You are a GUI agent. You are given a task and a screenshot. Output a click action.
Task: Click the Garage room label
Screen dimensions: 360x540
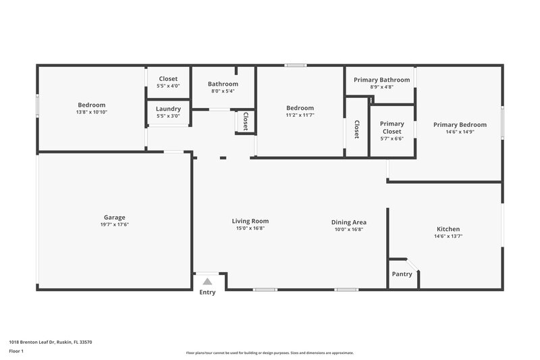click(114, 217)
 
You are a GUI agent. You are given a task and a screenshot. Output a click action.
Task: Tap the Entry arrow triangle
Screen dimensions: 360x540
click(207, 281)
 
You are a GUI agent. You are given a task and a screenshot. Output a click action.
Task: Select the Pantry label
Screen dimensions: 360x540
click(402, 274)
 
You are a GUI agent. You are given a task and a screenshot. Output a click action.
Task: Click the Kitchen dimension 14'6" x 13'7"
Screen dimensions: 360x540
click(448, 236)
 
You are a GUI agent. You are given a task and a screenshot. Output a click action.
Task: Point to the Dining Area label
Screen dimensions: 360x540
click(348, 222)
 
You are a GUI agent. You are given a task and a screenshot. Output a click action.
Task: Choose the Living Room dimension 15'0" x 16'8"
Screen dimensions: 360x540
click(250, 229)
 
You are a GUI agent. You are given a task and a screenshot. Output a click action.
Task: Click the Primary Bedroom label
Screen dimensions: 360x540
click(459, 124)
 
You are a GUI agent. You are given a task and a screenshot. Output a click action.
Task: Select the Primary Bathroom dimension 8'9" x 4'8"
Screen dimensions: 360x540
click(381, 87)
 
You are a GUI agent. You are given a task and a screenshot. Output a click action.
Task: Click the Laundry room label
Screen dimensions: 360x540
click(168, 109)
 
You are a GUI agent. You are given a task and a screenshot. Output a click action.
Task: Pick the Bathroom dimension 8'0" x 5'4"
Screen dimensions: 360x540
click(223, 91)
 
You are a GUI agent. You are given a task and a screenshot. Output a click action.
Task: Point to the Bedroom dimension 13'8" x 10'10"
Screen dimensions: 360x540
click(91, 112)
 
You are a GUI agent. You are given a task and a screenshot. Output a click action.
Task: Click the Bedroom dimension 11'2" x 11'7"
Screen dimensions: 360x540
click(300, 115)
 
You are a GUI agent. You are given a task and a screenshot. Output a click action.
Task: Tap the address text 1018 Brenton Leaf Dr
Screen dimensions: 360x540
click(51, 342)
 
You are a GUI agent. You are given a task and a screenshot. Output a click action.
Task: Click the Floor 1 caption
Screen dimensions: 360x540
click(16, 352)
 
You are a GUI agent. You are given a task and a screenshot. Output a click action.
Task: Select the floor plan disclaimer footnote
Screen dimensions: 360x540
click(269, 353)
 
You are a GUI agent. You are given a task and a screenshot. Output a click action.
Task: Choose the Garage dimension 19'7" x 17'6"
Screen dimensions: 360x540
click(114, 225)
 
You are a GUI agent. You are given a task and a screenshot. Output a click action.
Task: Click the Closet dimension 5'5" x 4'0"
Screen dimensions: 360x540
click(168, 86)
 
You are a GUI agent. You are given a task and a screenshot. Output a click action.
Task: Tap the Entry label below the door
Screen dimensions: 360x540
click(207, 292)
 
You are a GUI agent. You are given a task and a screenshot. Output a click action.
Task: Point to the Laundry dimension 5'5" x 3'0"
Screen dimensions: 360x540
click(168, 116)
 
